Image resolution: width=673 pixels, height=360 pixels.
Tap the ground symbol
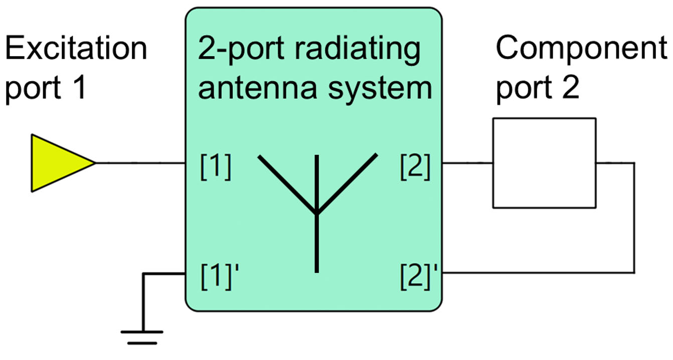[x=142, y=336]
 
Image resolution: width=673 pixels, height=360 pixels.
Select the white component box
[x=544, y=162]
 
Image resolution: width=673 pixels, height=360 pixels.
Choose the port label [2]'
[x=418, y=275]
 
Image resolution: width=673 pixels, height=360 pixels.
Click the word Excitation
[x=76, y=49]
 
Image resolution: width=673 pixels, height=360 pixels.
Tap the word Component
[x=581, y=49]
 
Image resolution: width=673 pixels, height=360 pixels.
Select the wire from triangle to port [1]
[x=140, y=162]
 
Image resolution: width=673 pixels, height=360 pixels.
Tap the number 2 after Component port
[x=570, y=89]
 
